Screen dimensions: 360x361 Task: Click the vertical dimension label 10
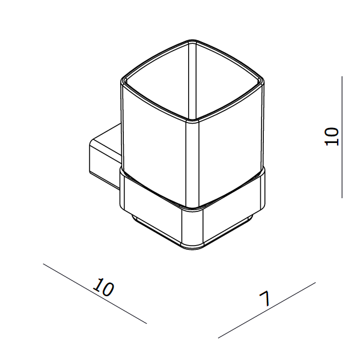pyautogui.click(x=332, y=136)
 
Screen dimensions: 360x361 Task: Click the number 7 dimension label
pyautogui.click(x=265, y=299)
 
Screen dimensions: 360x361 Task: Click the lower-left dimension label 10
pyautogui.click(x=103, y=287)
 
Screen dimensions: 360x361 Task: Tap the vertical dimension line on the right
pyautogui.click(x=342, y=137)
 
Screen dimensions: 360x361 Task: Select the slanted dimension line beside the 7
pyautogui.click(x=267, y=311)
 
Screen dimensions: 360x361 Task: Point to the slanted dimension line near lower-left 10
pyautogui.click(x=95, y=294)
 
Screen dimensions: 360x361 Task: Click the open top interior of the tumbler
pyautogui.click(x=192, y=80)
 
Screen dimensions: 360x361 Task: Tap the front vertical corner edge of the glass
pyautogui.click(x=192, y=163)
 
